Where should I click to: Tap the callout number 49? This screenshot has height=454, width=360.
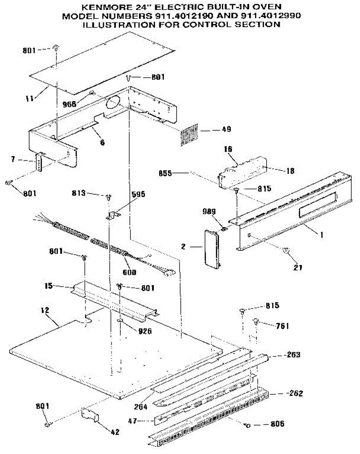pos(226,129)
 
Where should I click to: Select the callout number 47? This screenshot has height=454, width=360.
pos(142,421)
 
